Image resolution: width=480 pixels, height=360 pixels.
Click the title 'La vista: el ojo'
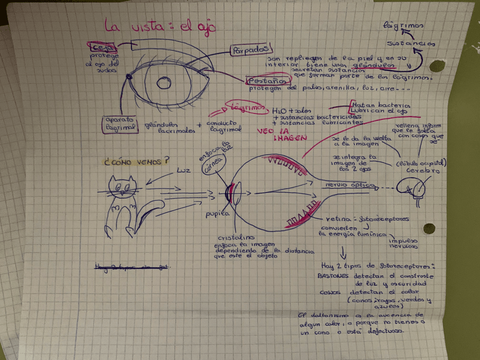159,26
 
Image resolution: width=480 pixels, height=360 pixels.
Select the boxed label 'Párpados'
250,51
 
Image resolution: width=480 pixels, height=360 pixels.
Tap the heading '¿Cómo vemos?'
136,161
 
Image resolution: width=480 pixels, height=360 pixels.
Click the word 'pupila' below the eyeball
217,213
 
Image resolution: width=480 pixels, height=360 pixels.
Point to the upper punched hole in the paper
436,66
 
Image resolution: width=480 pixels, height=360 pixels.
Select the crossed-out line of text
132,266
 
